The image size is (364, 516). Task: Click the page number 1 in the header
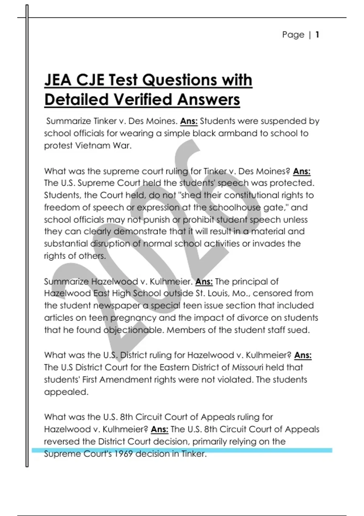(x=317, y=35)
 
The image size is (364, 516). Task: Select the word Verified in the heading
(x=142, y=100)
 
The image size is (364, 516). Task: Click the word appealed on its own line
(x=66, y=392)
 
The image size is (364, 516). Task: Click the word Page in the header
(x=293, y=35)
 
